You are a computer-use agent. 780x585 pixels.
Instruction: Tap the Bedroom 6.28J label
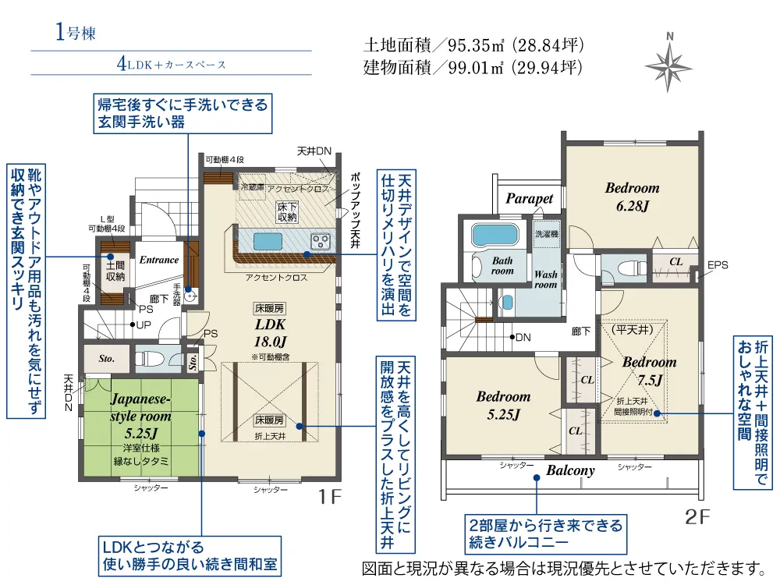632,196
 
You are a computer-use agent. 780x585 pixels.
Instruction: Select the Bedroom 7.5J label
649,371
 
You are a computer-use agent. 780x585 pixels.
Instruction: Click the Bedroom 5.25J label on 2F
503,406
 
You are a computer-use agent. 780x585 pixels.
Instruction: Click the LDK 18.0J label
270,331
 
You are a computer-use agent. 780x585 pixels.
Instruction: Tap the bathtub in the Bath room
496,235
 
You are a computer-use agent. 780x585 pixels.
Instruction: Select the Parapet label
529,199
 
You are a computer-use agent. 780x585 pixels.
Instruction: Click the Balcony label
570,470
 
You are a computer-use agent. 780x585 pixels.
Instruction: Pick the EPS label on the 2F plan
718,265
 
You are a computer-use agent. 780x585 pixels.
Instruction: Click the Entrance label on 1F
159,260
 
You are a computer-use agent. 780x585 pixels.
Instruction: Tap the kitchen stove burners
321,239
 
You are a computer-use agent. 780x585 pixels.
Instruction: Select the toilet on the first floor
151,359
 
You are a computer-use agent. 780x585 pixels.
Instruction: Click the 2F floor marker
699,516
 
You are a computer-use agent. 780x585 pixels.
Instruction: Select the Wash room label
546,279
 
